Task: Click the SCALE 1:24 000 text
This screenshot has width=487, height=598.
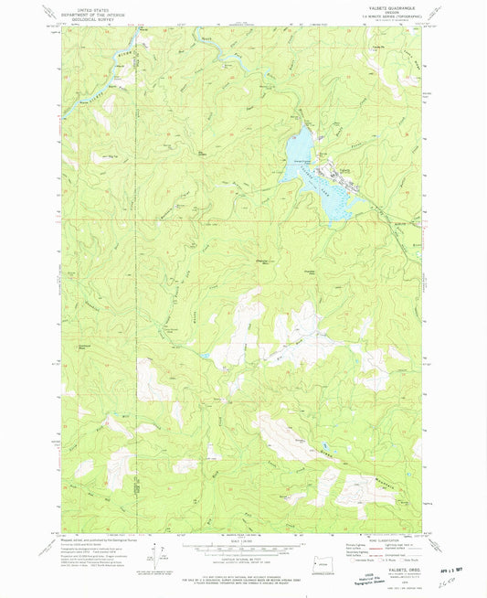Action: click(242, 540)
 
